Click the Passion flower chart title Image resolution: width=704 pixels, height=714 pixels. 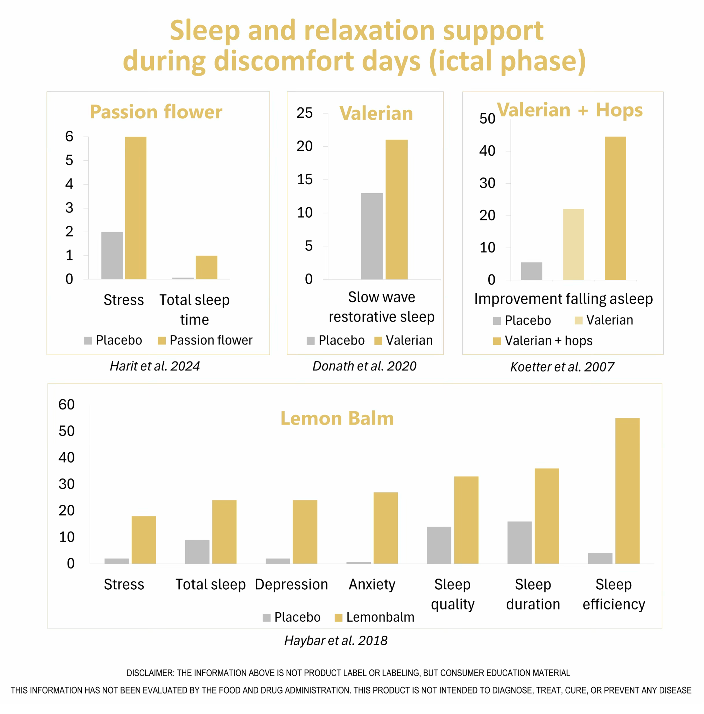click(x=156, y=112)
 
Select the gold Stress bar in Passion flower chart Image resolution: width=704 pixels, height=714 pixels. click(x=135, y=208)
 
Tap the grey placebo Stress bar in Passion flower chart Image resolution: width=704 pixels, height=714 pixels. click(x=112, y=255)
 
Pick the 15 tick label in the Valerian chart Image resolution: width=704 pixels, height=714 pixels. click(x=305, y=180)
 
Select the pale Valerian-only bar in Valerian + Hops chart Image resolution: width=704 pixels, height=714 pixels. click(x=573, y=244)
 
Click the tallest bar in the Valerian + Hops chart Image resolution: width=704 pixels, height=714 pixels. click(x=615, y=208)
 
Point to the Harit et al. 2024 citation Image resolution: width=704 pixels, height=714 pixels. click(x=155, y=366)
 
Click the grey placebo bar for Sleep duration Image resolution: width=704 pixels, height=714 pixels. click(x=519, y=542)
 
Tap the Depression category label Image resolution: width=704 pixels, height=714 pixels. click(x=291, y=584)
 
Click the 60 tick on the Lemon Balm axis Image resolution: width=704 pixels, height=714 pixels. click(x=66, y=404)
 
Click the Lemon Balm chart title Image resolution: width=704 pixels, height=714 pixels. click(x=337, y=418)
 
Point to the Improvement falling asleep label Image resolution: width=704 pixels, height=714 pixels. click(x=563, y=299)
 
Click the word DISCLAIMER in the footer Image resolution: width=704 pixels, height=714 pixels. click(x=150, y=673)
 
